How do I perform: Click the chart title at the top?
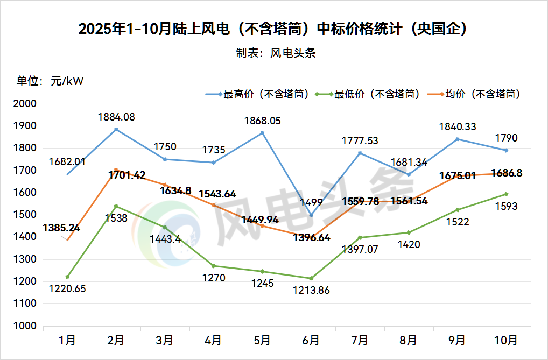tap(273, 29)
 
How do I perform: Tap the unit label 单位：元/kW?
tap(50, 81)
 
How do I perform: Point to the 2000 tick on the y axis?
tap(25, 104)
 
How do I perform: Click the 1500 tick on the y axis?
tap(25, 215)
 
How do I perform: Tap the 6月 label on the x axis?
tap(311, 340)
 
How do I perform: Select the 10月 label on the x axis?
tap(506, 340)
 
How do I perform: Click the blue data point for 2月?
tap(116, 130)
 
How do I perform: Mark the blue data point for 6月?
tap(311, 215)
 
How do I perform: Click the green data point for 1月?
tap(67, 277)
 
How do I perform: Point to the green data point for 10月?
tap(506, 194)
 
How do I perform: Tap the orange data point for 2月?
tap(116, 170)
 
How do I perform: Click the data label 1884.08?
tap(116, 116)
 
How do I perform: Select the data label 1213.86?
tap(311, 290)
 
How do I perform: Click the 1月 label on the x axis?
tap(67, 340)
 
